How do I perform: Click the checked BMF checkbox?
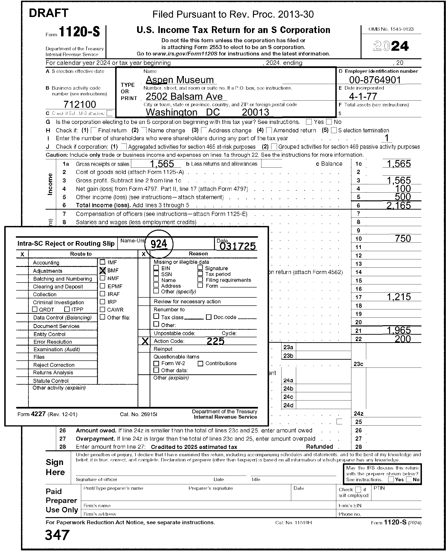click(102, 270)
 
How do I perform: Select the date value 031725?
click(238, 246)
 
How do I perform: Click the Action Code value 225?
click(215, 341)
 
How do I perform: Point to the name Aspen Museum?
click(180, 80)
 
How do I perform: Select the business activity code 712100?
click(80, 104)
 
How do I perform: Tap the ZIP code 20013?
click(255, 112)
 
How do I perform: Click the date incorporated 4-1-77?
click(363, 96)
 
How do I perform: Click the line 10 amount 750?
click(403, 238)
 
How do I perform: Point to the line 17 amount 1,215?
click(399, 297)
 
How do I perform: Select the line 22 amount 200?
click(403, 339)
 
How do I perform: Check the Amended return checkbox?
click(269, 130)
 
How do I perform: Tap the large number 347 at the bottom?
click(57, 535)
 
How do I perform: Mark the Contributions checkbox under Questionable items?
click(200, 363)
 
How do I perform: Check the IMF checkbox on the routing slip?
click(102, 262)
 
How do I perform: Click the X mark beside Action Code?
click(145, 341)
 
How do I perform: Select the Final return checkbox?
click(94, 130)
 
